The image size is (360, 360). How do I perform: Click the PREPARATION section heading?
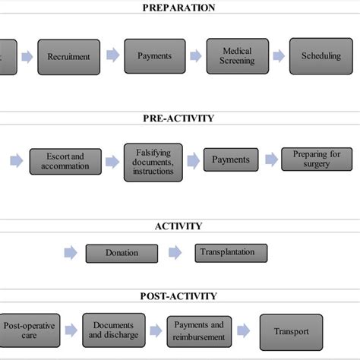click(179, 8)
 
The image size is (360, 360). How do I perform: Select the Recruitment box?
click(68, 56)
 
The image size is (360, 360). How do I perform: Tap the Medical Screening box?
click(238, 55)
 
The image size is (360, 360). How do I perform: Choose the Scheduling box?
click(321, 55)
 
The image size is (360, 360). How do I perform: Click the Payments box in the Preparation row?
click(154, 55)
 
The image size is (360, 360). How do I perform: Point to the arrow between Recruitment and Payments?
click(112, 55)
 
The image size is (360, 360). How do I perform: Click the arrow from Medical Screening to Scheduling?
click(279, 55)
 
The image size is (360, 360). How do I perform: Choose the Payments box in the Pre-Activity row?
click(230, 160)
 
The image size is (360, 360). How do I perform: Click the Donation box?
click(122, 253)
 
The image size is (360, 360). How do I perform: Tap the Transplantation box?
click(226, 252)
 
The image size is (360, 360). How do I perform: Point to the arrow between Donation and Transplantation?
click(175, 252)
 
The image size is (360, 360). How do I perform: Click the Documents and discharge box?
click(112, 330)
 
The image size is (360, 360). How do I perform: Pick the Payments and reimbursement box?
click(199, 331)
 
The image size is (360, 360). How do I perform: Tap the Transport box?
click(292, 331)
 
